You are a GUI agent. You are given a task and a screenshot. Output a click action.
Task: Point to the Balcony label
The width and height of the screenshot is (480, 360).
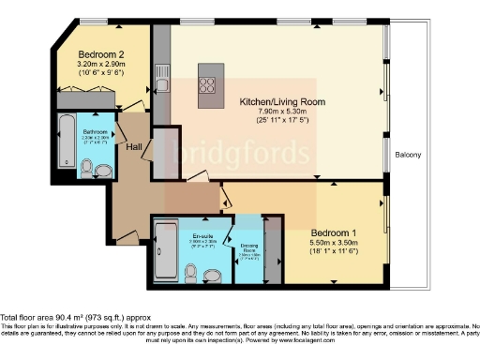point(408,154)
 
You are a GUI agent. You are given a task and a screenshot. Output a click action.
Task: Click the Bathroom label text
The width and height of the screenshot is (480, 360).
point(96,132)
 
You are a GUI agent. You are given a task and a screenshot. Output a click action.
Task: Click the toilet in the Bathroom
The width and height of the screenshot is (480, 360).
point(87,168)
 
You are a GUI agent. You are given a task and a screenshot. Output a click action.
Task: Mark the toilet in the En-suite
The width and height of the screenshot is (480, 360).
point(191,273)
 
